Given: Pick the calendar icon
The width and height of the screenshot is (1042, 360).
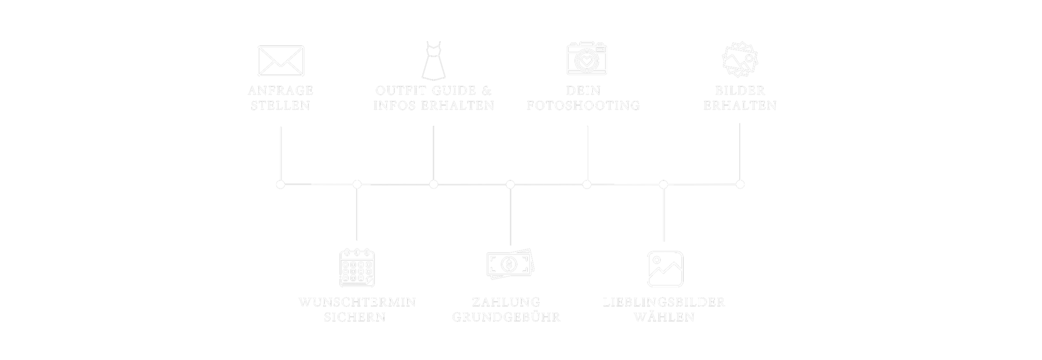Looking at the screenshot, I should [357, 268].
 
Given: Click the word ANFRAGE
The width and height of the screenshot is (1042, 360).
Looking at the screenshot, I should [281, 91].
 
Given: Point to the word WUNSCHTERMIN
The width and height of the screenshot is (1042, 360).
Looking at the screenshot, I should [357, 302].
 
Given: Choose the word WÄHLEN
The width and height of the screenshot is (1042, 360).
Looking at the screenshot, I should [664, 317].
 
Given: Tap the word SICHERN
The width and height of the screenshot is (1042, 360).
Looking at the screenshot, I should [355, 317].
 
